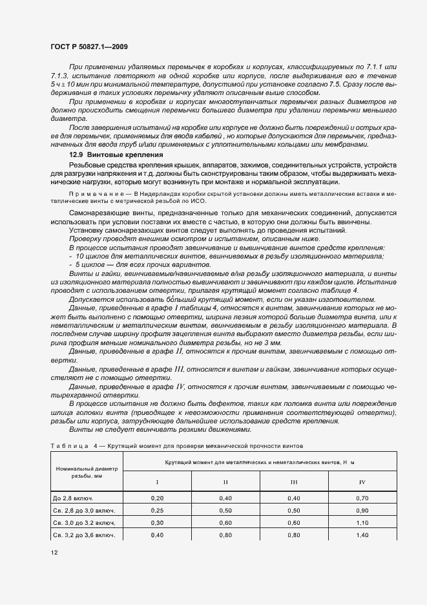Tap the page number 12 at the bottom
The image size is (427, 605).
coord(54,553)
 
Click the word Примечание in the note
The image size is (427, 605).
coord(91,194)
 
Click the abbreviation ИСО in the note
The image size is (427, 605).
coord(200,202)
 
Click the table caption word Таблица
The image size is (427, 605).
coord(70,446)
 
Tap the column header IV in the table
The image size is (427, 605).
coord(361,482)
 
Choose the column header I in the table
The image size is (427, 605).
coord(156,482)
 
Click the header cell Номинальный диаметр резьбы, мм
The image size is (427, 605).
coord(87,473)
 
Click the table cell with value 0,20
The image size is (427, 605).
coord(156,498)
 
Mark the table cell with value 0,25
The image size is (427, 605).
coord(156,511)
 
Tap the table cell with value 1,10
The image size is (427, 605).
coord(361,523)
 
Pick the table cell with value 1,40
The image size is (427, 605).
coord(361,535)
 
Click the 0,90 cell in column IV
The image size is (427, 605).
coord(361,511)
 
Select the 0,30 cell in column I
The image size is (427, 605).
coord(156,523)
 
